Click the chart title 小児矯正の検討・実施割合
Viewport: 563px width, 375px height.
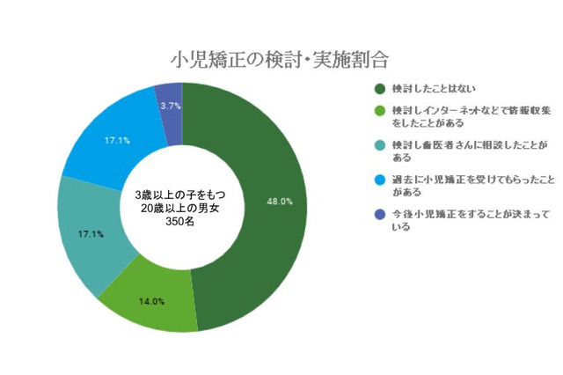coord(280,60)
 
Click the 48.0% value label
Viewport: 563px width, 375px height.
coord(281,202)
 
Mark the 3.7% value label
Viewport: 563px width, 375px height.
coord(171,106)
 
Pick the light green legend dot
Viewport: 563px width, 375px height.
coord(380,112)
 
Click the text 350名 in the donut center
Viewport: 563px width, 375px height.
coord(182,223)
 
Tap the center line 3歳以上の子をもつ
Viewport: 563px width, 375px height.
coord(182,195)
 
